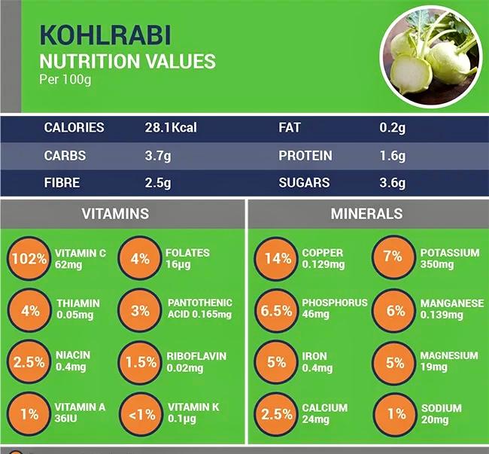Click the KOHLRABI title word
pos(105,35)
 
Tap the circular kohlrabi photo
pos(429,56)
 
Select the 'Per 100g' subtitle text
pos(65,79)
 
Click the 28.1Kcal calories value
pos(170,128)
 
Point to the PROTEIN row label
pos(305,156)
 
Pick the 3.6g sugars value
pos(392,183)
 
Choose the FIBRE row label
pos(62,183)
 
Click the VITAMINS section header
pos(115,214)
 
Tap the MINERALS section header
pos(366,214)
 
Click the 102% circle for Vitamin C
pos(29,259)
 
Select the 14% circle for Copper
pos(277,259)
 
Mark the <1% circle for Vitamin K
pos(140,414)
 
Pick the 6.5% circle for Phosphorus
pos(277,310)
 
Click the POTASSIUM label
pos(449,253)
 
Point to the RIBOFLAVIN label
pos(196,356)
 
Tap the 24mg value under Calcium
pos(316,420)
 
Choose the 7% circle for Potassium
pos(393,257)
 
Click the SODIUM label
pos(442,408)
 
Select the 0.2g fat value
pos(392,128)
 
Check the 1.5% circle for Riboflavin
pos(140,362)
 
